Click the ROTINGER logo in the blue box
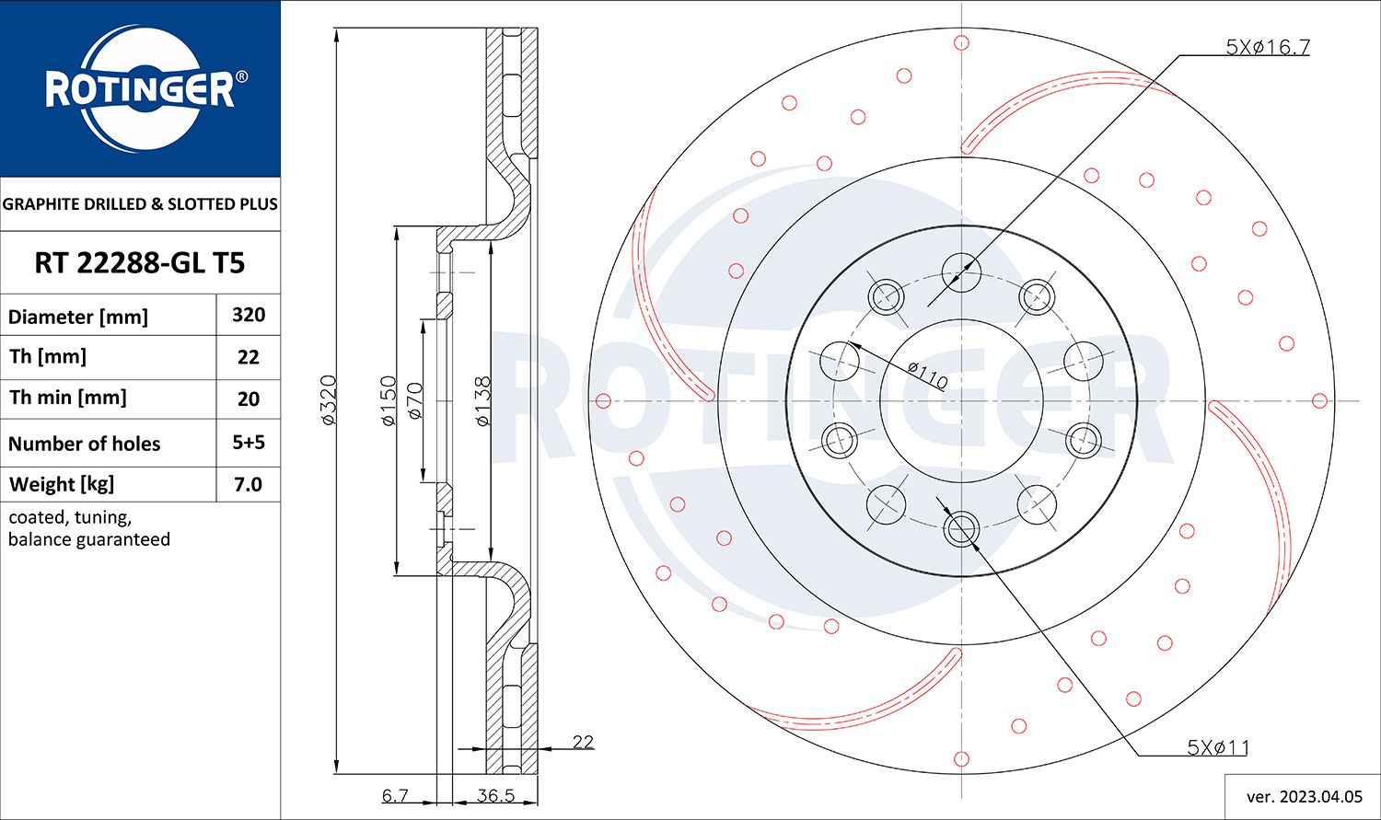click(140, 89)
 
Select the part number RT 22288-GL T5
click(139, 263)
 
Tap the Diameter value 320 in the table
click(249, 315)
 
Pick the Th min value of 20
click(249, 398)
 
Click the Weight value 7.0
click(249, 484)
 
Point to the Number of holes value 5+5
click(249, 443)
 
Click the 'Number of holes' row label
click(84, 444)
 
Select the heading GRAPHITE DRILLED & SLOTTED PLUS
click(140, 204)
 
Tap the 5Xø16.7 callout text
click(1267, 47)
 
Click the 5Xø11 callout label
click(1217, 747)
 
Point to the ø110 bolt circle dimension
click(926, 375)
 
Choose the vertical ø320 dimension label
click(329, 399)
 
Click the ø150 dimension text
click(388, 399)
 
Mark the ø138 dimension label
click(482, 399)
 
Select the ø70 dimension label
click(414, 401)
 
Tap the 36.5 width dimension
click(495, 795)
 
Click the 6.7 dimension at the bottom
click(395, 795)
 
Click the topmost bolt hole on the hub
click(961, 270)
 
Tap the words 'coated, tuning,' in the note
click(70, 517)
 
